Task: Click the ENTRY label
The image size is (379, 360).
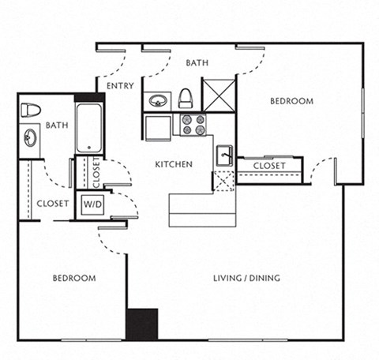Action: tap(120, 86)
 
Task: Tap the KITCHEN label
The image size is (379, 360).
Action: tap(174, 164)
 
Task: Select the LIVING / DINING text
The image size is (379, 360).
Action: tap(247, 278)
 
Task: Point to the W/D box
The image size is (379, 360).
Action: tap(92, 204)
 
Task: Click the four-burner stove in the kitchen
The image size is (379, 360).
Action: tap(193, 124)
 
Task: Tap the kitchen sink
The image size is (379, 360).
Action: tap(225, 156)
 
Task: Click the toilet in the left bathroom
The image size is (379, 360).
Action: tap(31, 110)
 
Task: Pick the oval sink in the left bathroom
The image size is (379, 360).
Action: tap(31, 138)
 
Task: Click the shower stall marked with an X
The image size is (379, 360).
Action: tap(219, 95)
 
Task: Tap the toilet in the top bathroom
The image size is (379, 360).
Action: tap(186, 98)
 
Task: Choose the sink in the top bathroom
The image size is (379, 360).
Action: tap(157, 101)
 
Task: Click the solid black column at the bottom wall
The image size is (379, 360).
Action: tap(142, 324)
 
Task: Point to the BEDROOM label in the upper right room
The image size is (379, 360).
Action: tap(291, 101)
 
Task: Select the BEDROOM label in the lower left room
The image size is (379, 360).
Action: tap(74, 278)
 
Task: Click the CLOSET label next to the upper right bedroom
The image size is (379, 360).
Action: tap(270, 166)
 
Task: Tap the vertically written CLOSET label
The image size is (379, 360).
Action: tap(96, 174)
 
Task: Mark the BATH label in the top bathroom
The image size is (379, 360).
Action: tap(197, 62)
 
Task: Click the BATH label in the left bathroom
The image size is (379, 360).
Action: tap(56, 125)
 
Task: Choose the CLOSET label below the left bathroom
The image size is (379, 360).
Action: tap(52, 203)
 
